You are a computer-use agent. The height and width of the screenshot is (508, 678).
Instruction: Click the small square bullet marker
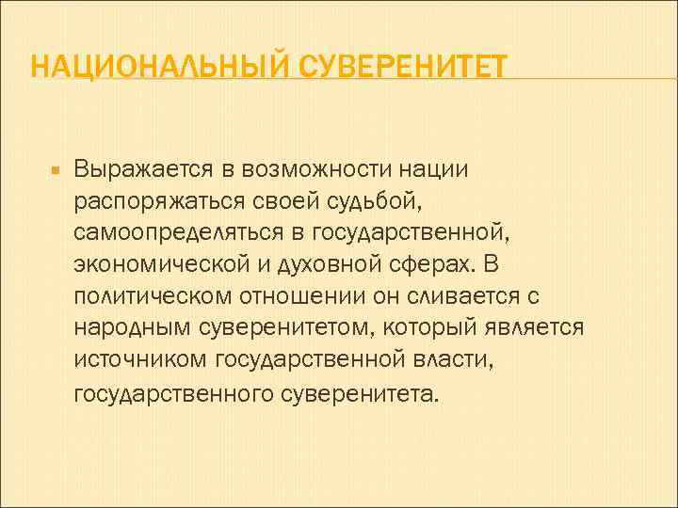(55, 172)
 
